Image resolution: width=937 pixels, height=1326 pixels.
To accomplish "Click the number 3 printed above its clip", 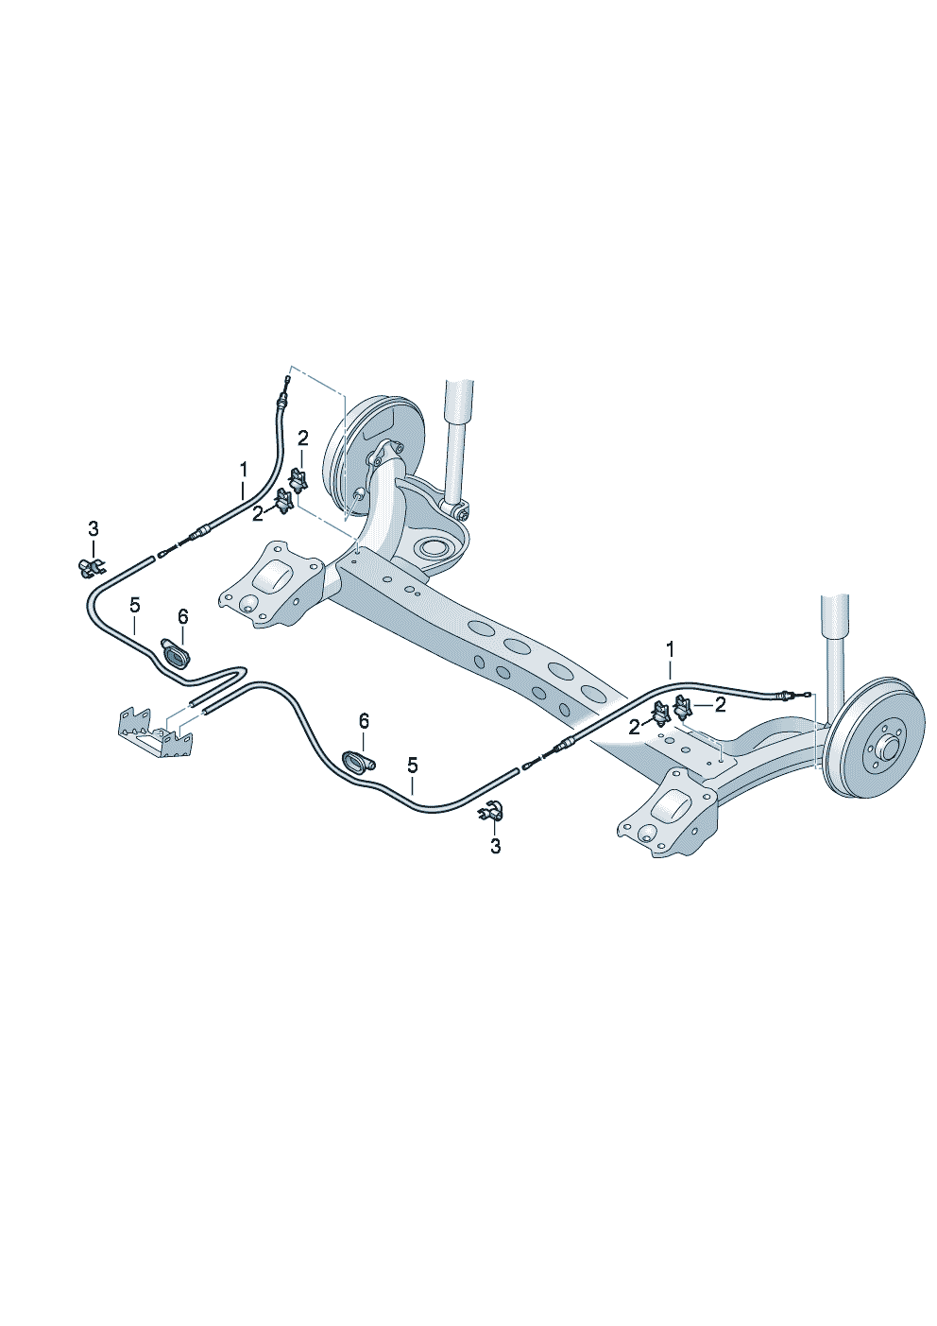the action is click(x=94, y=528).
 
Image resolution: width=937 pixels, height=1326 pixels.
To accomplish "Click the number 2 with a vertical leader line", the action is click(x=303, y=438).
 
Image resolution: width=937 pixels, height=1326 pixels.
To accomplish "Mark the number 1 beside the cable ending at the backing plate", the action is click(x=243, y=471).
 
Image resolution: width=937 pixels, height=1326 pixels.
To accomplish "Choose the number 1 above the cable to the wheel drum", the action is click(x=670, y=650).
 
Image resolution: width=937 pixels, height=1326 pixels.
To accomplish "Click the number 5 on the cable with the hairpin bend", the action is click(x=135, y=605).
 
